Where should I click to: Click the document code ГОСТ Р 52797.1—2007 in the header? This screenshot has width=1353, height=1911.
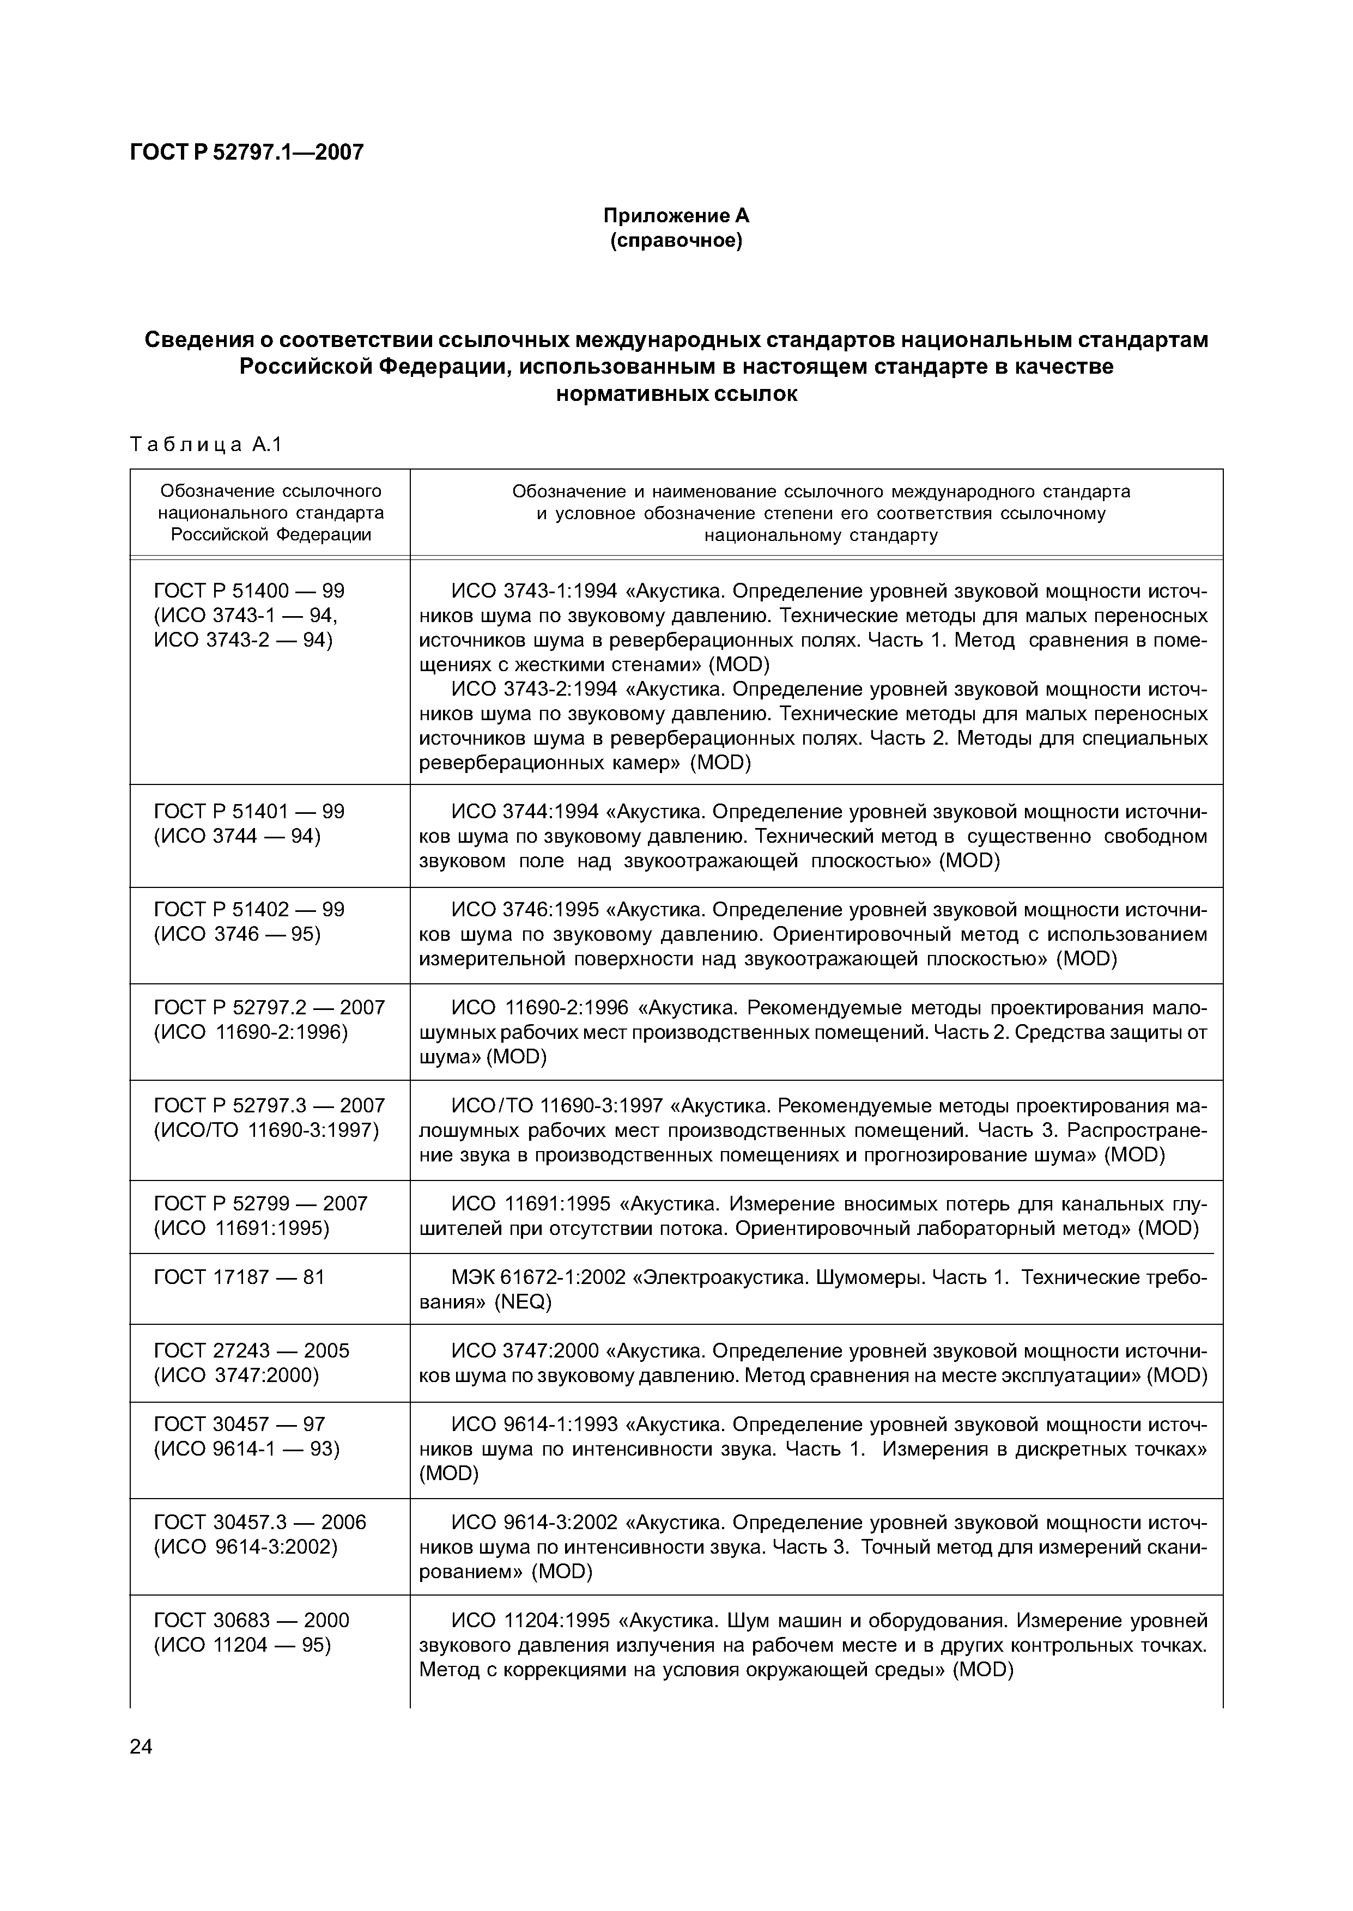tap(247, 153)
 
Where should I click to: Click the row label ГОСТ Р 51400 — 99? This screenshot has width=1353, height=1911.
tap(249, 591)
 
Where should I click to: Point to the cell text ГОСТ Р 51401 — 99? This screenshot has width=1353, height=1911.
tap(249, 811)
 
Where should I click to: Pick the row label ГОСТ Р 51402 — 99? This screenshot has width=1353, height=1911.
tap(249, 909)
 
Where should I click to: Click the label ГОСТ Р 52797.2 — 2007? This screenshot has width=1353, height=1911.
tap(269, 1008)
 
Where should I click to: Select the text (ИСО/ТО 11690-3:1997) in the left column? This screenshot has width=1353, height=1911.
tap(266, 1130)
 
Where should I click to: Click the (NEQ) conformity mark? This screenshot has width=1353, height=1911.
tap(523, 1301)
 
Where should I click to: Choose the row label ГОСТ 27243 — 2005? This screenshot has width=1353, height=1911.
tap(252, 1350)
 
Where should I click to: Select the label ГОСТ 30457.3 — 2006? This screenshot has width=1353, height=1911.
tap(260, 1522)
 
